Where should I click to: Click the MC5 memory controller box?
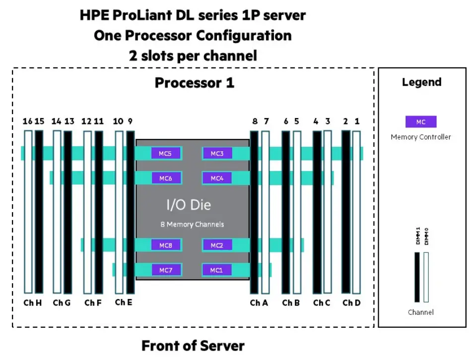[x=166, y=154]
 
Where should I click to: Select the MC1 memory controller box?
[x=216, y=270]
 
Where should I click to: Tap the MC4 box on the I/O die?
[x=217, y=178]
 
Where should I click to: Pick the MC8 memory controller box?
[x=166, y=245]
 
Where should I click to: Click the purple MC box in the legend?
[x=420, y=122]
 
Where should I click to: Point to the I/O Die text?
[x=189, y=205]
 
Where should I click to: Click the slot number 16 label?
[x=27, y=121]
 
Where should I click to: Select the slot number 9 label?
[x=130, y=121]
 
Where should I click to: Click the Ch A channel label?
[x=259, y=303]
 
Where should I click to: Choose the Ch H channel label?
[x=33, y=303]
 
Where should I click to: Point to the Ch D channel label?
[x=351, y=303]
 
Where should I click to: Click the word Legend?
[x=421, y=82]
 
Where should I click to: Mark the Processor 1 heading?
[x=194, y=82]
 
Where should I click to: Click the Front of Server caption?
[x=193, y=346]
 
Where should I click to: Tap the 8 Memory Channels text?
[x=192, y=224]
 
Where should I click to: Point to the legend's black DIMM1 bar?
[x=417, y=277]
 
